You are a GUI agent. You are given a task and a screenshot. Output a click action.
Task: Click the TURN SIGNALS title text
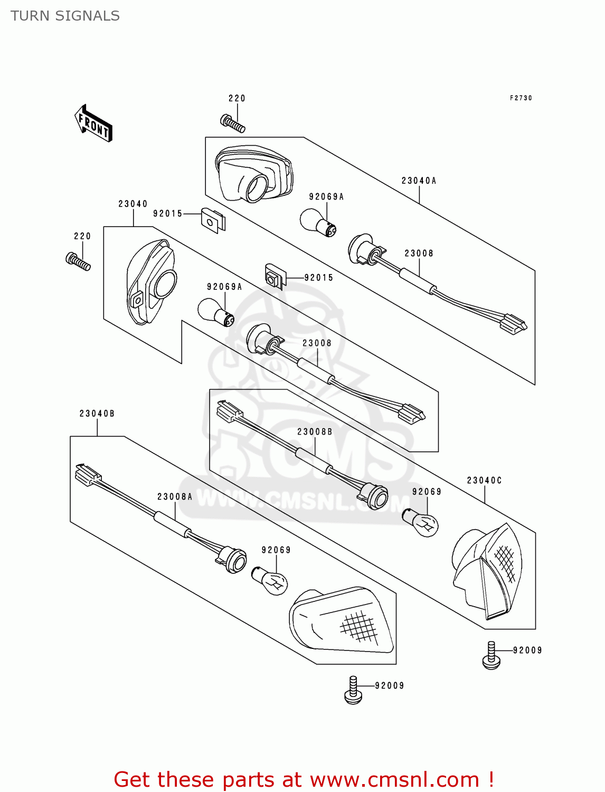coord(65,16)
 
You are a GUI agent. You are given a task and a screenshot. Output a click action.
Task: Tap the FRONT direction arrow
coord(93,124)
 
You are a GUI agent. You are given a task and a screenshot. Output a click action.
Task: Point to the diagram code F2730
coord(521,98)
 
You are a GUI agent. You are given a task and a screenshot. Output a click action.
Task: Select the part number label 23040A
coord(419,181)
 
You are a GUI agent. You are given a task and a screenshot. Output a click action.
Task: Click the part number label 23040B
coord(97,413)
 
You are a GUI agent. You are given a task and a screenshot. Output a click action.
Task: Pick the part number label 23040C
coord(484,480)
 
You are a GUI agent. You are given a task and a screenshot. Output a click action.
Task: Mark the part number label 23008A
coord(175,497)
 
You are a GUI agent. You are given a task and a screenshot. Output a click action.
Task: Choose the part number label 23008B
coord(315,432)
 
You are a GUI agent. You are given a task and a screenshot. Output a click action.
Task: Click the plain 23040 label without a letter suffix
coord(133,204)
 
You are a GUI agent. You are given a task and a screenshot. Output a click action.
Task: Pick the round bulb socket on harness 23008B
coord(376,496)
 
